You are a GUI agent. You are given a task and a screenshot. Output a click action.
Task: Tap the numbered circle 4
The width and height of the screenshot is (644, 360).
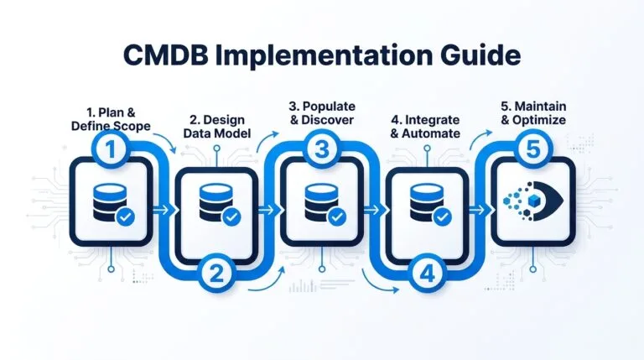pyautogui.click(x=426, y=271)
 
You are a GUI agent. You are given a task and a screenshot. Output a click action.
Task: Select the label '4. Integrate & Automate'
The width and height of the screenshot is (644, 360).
pyautogui.click(x=425, y=126)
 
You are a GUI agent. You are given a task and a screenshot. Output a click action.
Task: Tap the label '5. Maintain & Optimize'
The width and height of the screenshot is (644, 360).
pyautogui.click(x=530, y=113)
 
